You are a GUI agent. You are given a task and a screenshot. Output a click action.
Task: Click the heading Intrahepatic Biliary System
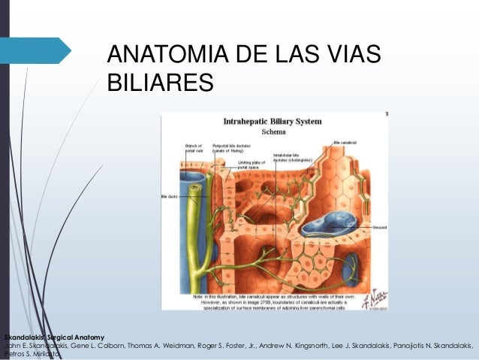click(273, 120)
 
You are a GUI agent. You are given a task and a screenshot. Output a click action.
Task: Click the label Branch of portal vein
click(194, 147)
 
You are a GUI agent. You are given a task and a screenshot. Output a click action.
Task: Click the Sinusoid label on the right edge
click(378, 228)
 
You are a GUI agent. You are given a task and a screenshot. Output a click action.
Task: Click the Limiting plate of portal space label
click(252, 165)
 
